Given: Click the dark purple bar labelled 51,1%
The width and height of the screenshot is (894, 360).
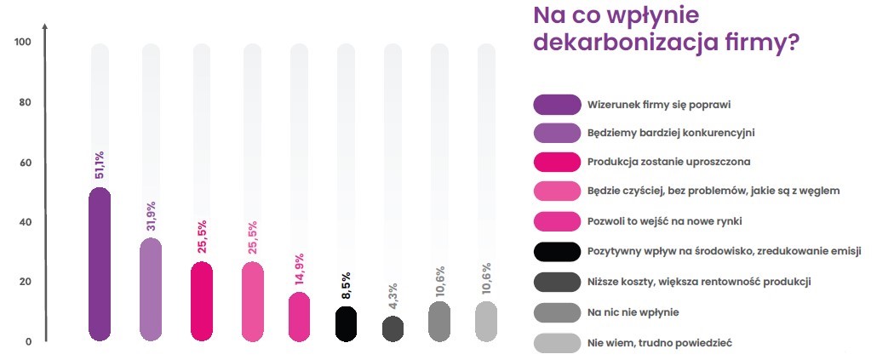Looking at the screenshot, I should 100,265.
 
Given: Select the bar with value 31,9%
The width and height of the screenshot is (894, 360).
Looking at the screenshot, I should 151,290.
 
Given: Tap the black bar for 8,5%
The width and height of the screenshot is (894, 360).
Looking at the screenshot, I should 345,324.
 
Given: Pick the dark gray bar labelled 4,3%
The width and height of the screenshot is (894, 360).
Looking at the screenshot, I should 393,329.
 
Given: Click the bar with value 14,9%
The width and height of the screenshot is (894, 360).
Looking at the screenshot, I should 300,317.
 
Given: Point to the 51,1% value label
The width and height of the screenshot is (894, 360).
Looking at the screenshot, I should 100,165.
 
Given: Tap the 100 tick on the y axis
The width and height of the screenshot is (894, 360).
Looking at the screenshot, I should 23,43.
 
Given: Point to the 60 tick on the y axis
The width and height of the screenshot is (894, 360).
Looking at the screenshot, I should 25,163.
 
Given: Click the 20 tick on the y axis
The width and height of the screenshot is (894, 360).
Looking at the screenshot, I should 25,283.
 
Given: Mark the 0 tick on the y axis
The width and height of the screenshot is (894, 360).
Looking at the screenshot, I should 27,342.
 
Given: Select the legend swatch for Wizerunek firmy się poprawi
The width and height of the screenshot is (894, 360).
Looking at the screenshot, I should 555,104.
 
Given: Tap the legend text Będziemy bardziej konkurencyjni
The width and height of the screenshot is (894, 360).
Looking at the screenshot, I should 671,133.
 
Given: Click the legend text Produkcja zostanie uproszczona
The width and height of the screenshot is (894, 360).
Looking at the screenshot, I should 668,162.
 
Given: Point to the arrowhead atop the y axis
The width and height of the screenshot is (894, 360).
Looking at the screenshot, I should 45,28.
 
